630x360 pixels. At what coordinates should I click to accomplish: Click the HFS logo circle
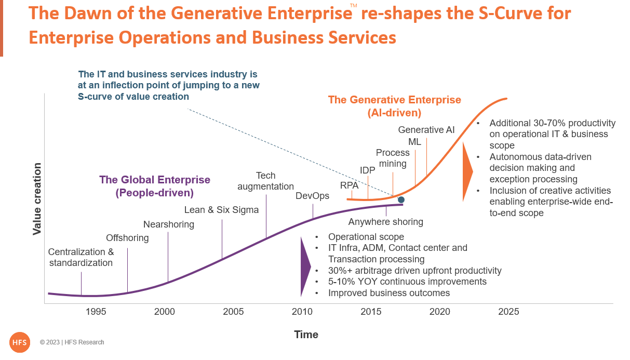pyautogui.click(x=20, y=342)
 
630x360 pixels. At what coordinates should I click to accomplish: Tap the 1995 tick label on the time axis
pyautogui.click(x=96, y=312)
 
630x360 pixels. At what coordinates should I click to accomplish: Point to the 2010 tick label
pyautogui.click(x=302, y=312)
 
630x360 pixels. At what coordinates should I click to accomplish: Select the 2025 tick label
pyautogui.click(x=508, y=312)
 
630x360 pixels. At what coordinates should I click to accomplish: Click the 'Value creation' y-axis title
pyautogui.click(x=37, y=199)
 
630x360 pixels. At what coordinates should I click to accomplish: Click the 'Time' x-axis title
pyautogui.click(x=306, y=335)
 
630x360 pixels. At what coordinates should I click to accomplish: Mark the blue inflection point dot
pyautogui.click(x=401, y=199)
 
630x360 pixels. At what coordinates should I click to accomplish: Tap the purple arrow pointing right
pyautogui.click(x=305, y=267)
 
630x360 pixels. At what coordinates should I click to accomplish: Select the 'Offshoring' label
pyautogui.click(x=127, y=238)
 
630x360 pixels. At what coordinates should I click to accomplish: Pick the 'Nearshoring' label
pyautogui.click(x=169, y=224)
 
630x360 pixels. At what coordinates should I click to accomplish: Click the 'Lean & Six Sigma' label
pyautogui.click(x=221, y=210)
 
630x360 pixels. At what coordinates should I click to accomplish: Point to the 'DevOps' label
pyautogui.click(x=313, y=196)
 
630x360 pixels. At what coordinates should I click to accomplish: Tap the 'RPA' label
pyautogui.click(x=350, y=184)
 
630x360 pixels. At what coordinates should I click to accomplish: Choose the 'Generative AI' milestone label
pyautogui.click(x=426, y=130)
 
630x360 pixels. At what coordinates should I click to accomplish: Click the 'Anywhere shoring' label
pyautogui.click(x=385, y=222)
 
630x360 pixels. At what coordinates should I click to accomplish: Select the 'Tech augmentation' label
pyautogui.click(x=265, y=181)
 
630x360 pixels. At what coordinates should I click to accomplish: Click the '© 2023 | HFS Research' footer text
pyautogui.click(x=72, y=342)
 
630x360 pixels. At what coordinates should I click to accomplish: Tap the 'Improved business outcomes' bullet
pyautogui.click(x=388, y=293)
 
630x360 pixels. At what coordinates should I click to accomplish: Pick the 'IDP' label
pyautogui.click(x=368, y=169)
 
